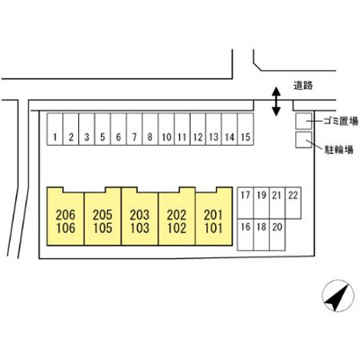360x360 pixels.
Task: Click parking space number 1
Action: pyautogui.click(x=55, y=129)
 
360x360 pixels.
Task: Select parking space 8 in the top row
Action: pyautogui.click(x=150, y=129)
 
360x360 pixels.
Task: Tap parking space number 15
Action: pyautogui.click(x=246, y=129)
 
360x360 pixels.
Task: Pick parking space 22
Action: pyautogui.click(x=293, y=202)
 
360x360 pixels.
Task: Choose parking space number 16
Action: pyautogui.click(x=246, y=235)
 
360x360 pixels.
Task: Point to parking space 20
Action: pyautogui.click(x=277, y=235)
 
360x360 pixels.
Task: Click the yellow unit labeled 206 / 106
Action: pyautogui.click(x=66, y=219)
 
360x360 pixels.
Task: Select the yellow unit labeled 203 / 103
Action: pyautogui.click(x=139, y=219)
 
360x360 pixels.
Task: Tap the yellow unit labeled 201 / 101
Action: pyautogui.click(x=214, y=219)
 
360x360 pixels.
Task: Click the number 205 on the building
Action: pyautogui.click(x=103, y=215)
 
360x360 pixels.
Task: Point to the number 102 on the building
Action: pyautogui.click(x=176, y=229)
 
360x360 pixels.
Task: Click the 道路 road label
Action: pyautogui.click(x=303, y=85)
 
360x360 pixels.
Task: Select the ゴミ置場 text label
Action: pyautogui.click(x=341, y=121)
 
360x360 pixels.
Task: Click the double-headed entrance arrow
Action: pyautogui.click(x=275, y=102)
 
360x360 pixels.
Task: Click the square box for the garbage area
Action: pyautogui.click(x=303, y=121)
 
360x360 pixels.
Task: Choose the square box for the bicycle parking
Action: pyautogui.click(x=303, y=139)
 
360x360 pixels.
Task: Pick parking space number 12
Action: pyautogui.click(x=198, y=129)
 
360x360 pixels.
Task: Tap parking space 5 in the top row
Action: pyautogui.click(x=103, y=129)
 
